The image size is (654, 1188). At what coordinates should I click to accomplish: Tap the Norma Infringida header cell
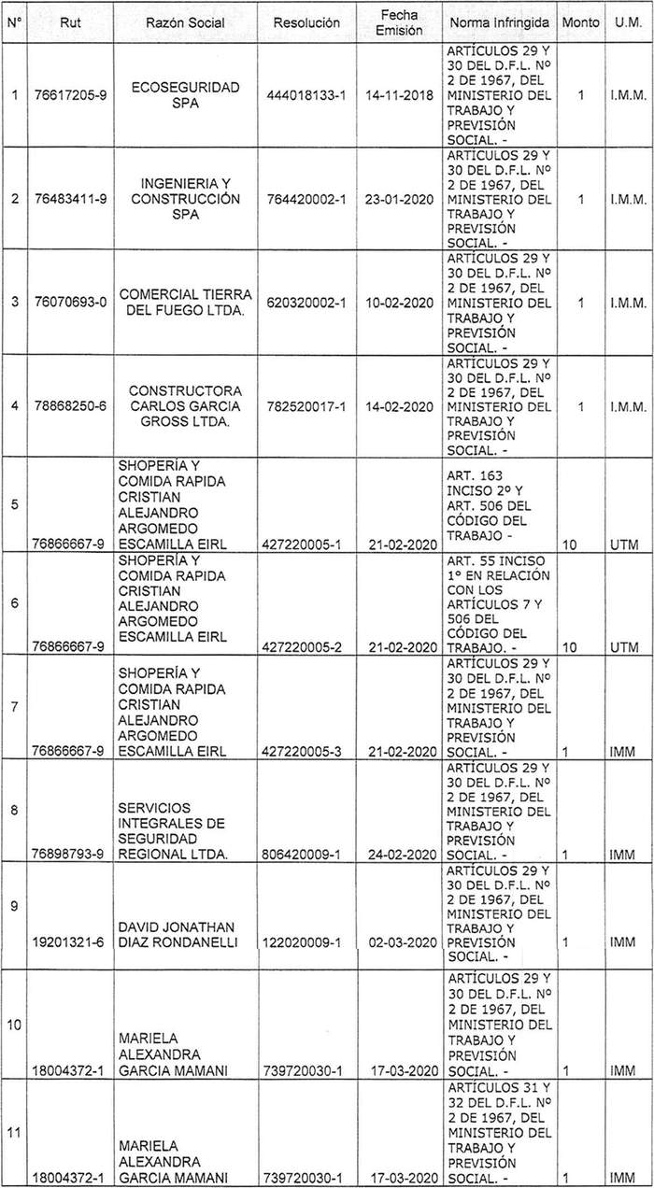click(500, 21)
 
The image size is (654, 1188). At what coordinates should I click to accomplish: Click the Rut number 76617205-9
click(72, 94)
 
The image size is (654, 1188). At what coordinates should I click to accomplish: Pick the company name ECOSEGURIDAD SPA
click(187, 94)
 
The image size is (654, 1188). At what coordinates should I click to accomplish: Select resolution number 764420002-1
click(306, 198)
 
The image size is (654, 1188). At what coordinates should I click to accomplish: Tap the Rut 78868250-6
click(72, 407)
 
